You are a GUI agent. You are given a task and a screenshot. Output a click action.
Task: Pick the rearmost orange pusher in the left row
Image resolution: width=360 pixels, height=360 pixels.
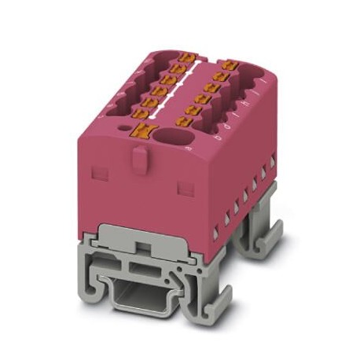(x=186, y=57)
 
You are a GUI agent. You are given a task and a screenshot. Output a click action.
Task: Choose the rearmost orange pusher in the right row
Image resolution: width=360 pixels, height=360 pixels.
(x=230, y=66)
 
